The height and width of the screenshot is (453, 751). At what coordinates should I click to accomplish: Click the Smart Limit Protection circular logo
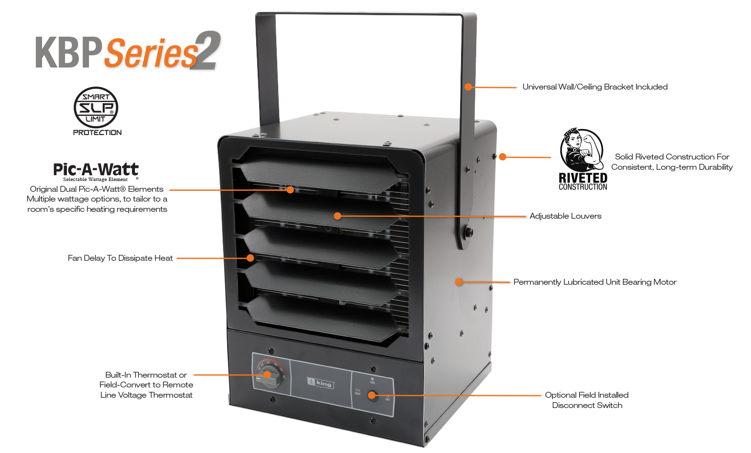(96, 108)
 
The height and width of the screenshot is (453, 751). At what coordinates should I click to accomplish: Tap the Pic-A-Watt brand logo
(96, 170)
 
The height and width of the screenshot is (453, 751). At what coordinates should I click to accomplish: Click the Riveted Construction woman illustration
(581, 150)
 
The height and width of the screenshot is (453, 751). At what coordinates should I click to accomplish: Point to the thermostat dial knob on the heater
(268, 375)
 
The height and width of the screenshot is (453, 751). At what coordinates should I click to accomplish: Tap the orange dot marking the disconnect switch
(372, 395)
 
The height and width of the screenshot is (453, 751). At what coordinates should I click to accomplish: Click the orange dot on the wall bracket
(468, 87)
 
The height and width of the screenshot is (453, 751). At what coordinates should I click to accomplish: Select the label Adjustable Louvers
(565, 216)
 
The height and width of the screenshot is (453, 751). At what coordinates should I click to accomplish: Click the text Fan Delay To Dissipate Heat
(120, 258)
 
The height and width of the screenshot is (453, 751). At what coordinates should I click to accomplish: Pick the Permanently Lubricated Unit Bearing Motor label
(595, 282)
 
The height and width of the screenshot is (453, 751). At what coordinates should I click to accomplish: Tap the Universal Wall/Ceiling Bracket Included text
(595, 87)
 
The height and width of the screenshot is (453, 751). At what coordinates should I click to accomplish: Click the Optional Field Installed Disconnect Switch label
(587, 400)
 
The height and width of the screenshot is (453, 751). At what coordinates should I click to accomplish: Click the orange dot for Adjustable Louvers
(337, 216)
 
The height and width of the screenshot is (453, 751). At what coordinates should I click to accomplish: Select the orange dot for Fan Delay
(250, 258)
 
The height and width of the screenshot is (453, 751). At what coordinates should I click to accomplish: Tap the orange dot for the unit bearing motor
(459, 282)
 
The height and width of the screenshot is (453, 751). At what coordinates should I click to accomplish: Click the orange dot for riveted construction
(503, 157)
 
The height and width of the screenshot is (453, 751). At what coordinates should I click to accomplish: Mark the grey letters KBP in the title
(68, 53)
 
